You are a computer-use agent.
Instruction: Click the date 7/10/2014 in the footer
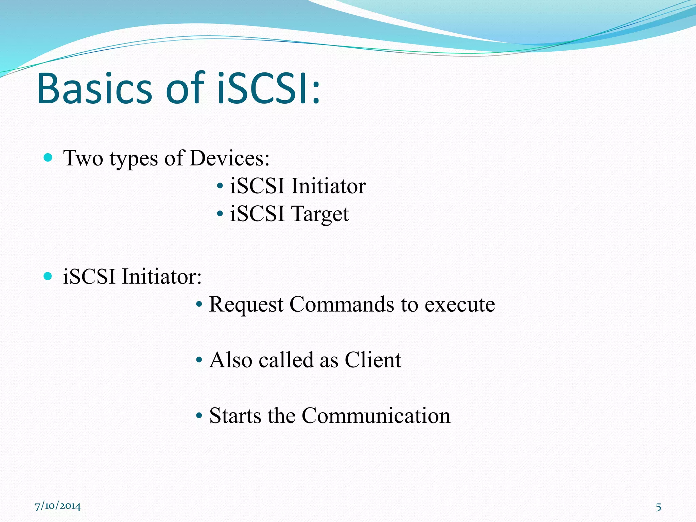coord(58,506)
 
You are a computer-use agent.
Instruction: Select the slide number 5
coord(658,507)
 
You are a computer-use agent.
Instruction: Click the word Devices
coord(229,158)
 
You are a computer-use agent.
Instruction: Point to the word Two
coord(83,158)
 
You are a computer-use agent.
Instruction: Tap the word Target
coord(320,214)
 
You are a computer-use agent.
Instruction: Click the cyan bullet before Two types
coord(48,157)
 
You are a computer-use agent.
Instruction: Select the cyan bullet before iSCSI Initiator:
coord(48,276)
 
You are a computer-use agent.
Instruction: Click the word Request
coord(246,304)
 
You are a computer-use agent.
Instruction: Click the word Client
coord(373,360)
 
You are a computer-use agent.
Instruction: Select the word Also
coord(230,360)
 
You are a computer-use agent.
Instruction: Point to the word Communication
coord(376,416)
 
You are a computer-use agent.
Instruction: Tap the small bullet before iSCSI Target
coord(220,214)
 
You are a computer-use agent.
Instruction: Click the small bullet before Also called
coord(199,360)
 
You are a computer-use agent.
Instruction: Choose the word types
coord(134,159)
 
